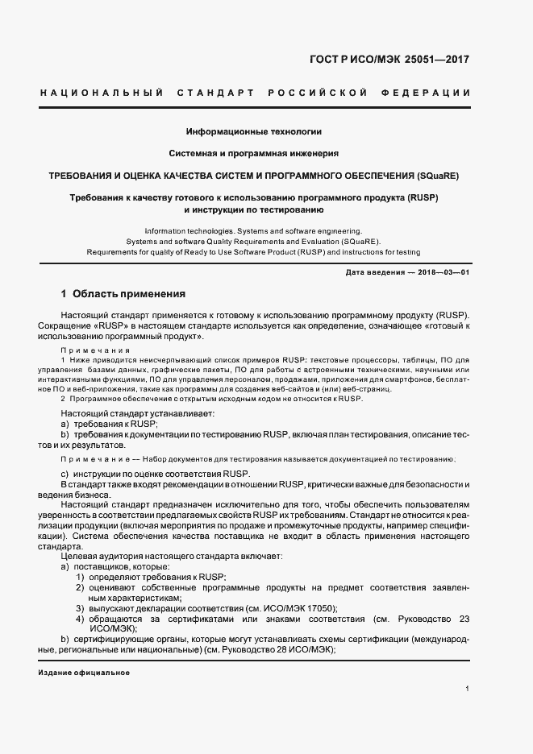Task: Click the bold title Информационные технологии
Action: click(x=254, y=130)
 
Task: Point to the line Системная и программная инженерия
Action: click(x=254, y=152)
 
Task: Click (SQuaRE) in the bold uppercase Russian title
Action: click(x=438, y=175)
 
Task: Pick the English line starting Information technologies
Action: click(x=254, y=230)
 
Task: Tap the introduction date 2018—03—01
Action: click(x=442, y=273)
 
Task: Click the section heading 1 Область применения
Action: click(x=123, y=294)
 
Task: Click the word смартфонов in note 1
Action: click(x=414, y=378)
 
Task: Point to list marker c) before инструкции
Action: click(x=65, y=472)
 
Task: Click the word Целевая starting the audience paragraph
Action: click(x=79, y=556)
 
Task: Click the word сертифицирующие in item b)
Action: click(x=111, y=639)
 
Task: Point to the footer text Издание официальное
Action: click(x=84, y=671)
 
